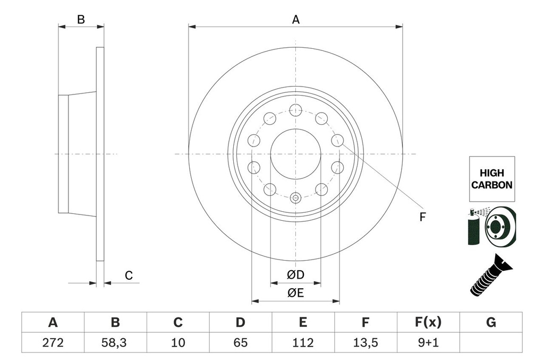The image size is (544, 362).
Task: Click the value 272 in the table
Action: (x=53, y=343)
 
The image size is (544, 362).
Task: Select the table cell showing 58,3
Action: (x=115, y=343)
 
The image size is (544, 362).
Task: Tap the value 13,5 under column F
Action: (x=365, y=343)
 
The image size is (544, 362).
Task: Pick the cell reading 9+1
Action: (x=428, y=343)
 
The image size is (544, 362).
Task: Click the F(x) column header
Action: (x=428, y=322)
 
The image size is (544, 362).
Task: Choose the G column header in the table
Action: (x=490, y=322)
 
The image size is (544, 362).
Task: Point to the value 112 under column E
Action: (x=303, y=343)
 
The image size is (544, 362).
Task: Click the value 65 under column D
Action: (x=240, y=343)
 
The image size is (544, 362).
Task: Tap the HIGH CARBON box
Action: (x=491, y=179)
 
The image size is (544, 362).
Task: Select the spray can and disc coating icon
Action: (x=491, y=227)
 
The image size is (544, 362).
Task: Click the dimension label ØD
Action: (x=295, y=275)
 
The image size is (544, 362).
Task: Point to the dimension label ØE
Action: (x=295, y=293)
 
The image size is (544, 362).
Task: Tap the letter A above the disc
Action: (x=296, y=20)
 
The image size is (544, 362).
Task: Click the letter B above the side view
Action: (x=81, y=20)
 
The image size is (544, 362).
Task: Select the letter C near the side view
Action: (x=128, y=275)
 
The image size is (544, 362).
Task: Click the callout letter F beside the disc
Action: (x=422, y=217)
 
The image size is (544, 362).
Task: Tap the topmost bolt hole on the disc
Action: (x=296, y=110)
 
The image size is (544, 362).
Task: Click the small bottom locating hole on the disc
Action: (x=296, y=198)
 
